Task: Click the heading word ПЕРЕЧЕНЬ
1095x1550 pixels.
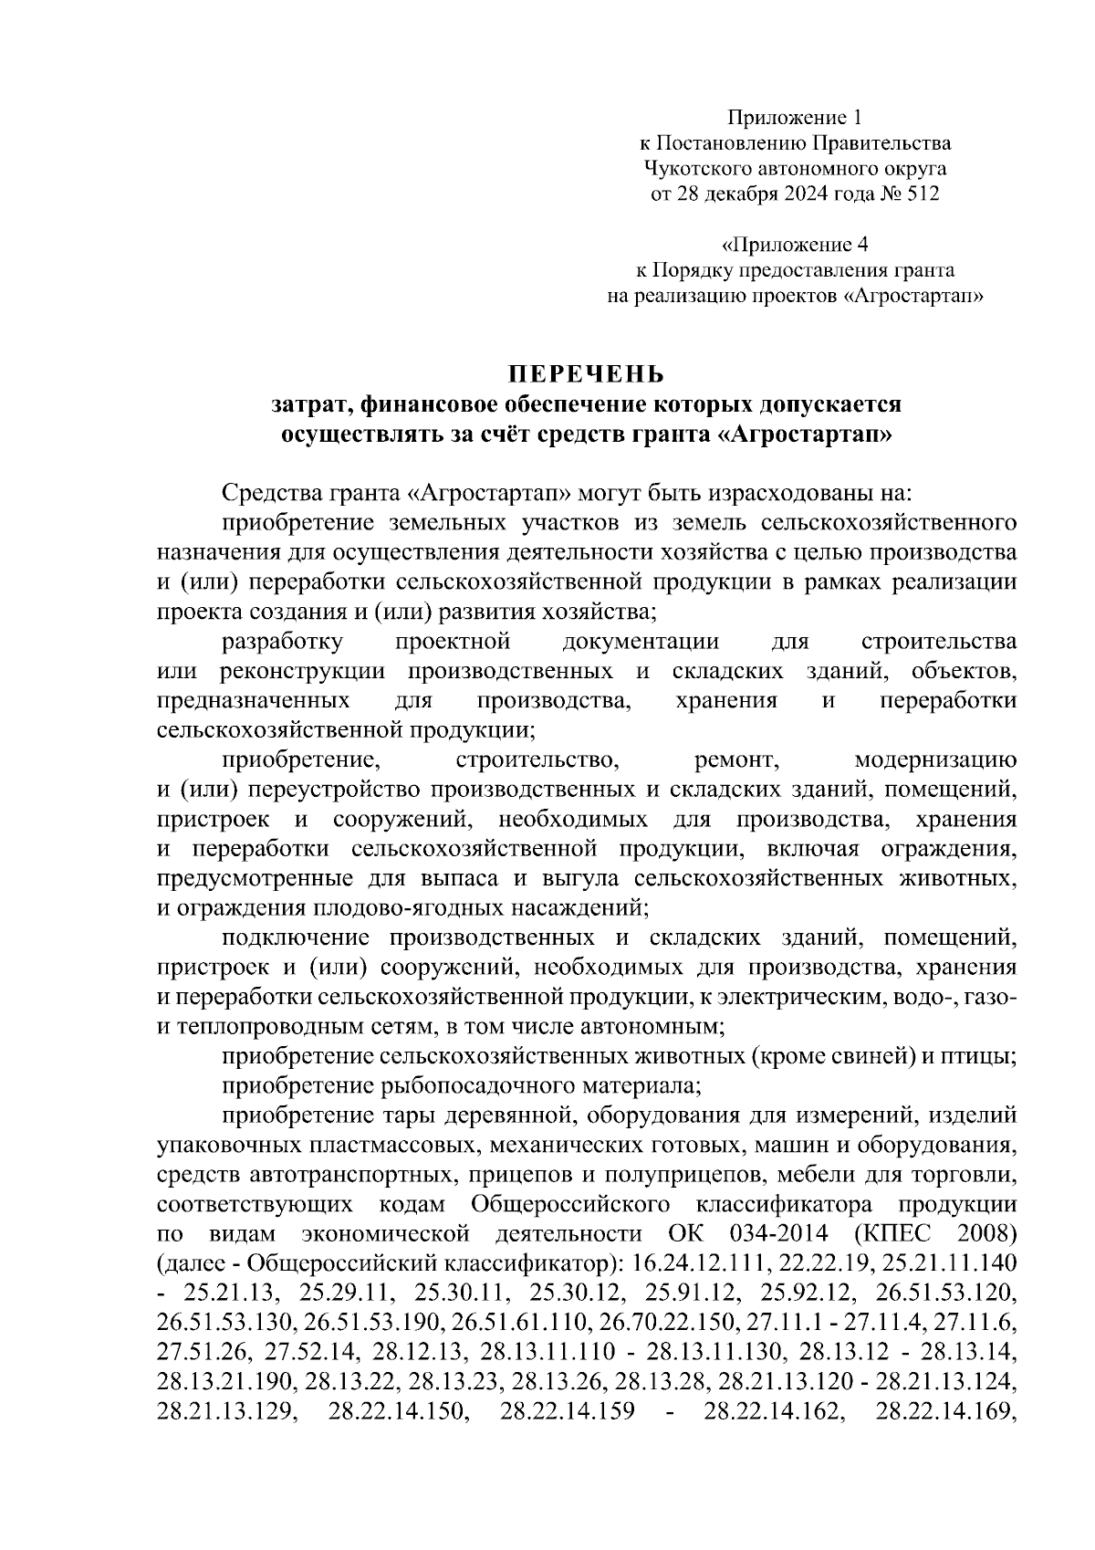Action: tap(586, 374)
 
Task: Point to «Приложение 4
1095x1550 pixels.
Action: tap(794, 245)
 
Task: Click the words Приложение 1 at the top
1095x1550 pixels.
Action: tap(794, 117)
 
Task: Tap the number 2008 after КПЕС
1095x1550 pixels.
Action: tap(986, 1234)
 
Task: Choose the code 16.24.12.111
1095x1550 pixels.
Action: tap(695, 1264)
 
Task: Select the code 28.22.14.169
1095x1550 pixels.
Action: tap(945, 1410)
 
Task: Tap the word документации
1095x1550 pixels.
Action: tap(641, 643)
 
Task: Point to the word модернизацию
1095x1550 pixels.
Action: tap(934, 760)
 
